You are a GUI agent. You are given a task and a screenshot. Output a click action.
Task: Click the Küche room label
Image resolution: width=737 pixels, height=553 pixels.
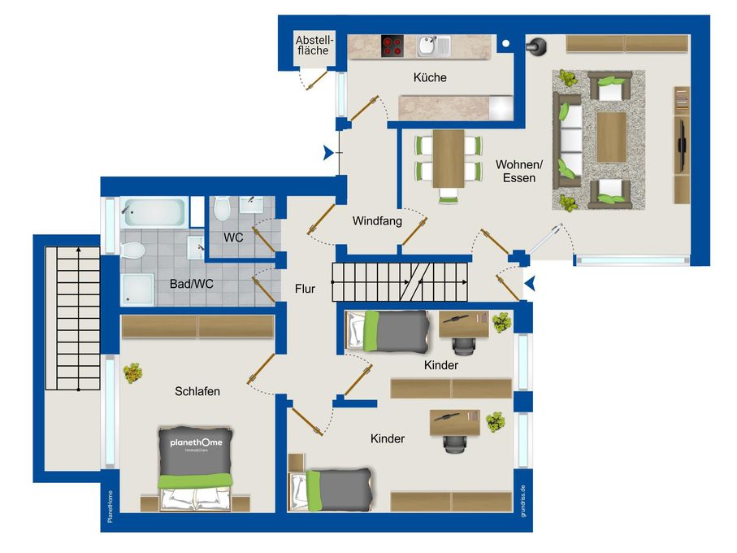point(430,77)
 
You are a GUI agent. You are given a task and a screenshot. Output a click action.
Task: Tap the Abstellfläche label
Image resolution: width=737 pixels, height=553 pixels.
point(314,46)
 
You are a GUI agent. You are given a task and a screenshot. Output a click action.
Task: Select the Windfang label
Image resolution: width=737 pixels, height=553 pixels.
point(377,220)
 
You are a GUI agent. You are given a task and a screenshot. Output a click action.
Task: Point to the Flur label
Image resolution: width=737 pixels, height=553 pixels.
point(305,289)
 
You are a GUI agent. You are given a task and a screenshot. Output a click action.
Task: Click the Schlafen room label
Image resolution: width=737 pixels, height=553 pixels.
point(197,391)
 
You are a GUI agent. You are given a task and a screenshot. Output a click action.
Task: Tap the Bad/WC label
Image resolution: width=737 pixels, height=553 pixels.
point(191,284)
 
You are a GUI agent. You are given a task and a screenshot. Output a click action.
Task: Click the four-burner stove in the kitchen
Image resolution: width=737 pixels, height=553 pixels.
point(392,46)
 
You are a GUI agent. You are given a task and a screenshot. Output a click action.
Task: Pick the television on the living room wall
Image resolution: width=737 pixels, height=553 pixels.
point(682,146)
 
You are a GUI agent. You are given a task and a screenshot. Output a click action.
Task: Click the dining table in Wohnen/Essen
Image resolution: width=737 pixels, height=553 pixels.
point(449,159)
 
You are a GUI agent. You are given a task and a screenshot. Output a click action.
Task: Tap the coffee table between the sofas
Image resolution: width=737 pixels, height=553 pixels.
point(611,137)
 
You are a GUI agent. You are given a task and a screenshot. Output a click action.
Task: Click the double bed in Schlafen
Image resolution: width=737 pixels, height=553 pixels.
point(195,468)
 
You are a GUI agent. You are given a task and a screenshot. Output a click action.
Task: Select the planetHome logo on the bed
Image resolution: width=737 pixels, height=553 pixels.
point(196,443)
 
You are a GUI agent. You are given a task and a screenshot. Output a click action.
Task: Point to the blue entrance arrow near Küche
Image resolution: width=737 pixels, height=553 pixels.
point(328,153)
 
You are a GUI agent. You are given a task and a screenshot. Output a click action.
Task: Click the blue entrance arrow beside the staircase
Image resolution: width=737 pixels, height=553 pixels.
point(530,284)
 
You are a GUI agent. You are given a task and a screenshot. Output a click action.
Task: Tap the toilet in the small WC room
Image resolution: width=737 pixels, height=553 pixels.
point(221,208)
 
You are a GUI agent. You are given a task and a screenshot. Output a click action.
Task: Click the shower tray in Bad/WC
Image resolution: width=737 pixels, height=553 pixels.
point(137,290)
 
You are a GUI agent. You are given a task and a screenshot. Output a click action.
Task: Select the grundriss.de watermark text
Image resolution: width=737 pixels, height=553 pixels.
point(523,501)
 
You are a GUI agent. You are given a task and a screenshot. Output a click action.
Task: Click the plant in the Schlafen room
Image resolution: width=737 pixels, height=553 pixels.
point(132,373)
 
